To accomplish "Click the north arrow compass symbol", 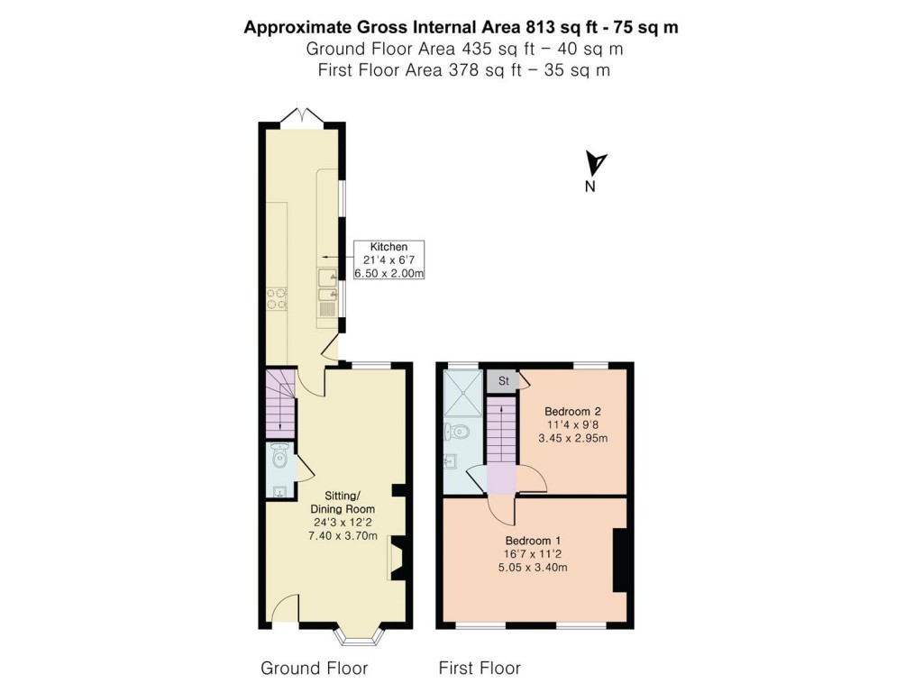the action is [595, 164].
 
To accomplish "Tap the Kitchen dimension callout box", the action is [388, 259].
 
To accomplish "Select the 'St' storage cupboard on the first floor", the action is [503, 381].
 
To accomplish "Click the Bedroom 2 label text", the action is [572, 411].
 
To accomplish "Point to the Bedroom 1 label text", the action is [533, 541].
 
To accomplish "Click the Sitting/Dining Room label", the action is [343, 503].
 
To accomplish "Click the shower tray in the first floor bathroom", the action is [463, 393].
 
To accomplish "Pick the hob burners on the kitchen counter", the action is [277, 298].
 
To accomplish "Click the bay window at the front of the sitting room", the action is [359, 636].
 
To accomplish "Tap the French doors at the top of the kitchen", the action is [301, 117].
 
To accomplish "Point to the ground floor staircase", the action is [279, 404].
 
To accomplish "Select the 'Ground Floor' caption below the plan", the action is [315, 668].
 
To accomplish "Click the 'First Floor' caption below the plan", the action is [480, 668].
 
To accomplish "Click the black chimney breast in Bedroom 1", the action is [620, 560].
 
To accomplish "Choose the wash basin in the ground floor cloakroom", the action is [279, 491].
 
